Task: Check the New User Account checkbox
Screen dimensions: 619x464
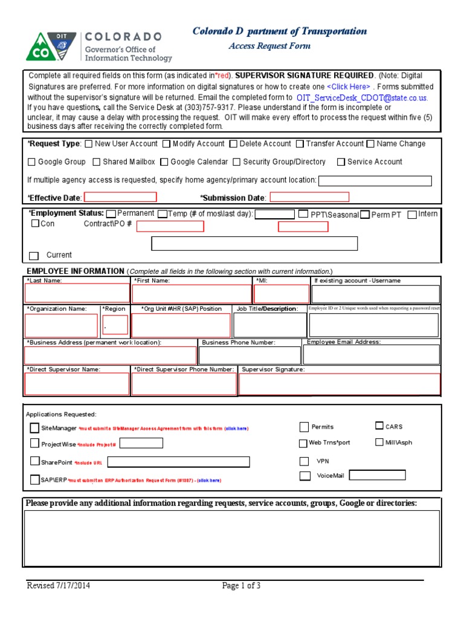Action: pyautogui.click(x=89, y=144)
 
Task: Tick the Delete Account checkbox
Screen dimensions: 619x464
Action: pyautogui.click(x=233, y=144)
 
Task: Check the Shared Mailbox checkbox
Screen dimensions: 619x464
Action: pyautogui.click(x=97, y=162)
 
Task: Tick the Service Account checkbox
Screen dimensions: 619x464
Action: pyautogui.click(x=341, y=162)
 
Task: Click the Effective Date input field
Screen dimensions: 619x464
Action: pyautogui.click(x=120, y=197)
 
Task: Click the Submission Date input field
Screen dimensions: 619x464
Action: pyautogui.click(x=309, y=197)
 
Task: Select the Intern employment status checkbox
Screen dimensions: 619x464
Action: pyautogui.click(x=412, y=214)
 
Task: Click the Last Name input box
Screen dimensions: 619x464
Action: pyautogui.click(x=77, y=294)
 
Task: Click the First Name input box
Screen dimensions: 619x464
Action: pyautogui.click(x=192, y=294)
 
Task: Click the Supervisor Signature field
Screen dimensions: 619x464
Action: pyautogui.click(x=340, y=384)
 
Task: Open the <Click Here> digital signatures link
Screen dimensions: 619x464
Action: pyautogui.click(x=349, y=86)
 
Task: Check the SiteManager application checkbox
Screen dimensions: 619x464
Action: pyautogui.click(x=34, y=428)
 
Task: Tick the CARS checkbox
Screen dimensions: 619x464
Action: pyautogui.click(x=379, y=426)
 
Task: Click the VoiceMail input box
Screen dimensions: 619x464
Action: pyautogui.click(x=377, y=475)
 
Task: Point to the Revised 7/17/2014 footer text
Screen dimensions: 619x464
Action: pyautogui.click(x=59, y=586)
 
